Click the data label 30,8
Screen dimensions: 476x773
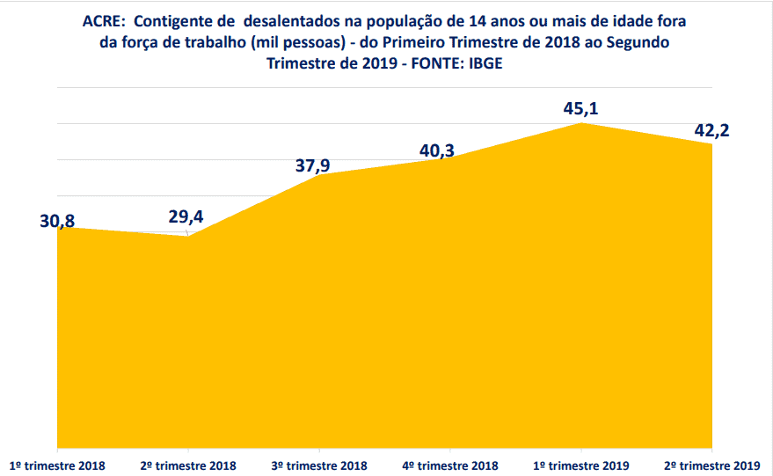[x=57, y=222]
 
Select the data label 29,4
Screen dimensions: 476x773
[x=187, y=217]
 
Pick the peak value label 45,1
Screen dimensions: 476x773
[x=580, y=110]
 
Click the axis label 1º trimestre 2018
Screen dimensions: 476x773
[x=56, y=465]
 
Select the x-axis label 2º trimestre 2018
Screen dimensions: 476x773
[x=187, y=465]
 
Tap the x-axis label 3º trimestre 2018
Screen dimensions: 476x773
[x=318, y=465]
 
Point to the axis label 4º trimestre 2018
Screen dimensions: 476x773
[x=449, y=465]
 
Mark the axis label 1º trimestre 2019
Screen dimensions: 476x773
[x=580, y=465]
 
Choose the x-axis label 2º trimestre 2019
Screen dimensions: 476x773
[x=711, y=465]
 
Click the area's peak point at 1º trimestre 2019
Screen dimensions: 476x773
[x=581, y=123]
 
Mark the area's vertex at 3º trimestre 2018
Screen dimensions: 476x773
[x=318, y=175]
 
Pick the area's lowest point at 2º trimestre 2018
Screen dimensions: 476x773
[x=187, y=236]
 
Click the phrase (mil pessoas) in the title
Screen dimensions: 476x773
[x=297, y=42]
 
